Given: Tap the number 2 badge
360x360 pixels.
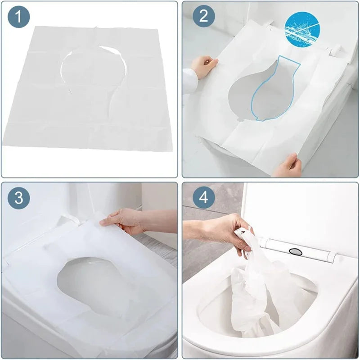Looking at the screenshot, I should [204, 18].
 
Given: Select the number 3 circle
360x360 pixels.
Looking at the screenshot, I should [18, 198].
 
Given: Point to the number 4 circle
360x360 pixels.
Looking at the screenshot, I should [204, 198].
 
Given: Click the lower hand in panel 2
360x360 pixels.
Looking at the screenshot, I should [288, 166].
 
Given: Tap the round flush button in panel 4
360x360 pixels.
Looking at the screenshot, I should [295, 251].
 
